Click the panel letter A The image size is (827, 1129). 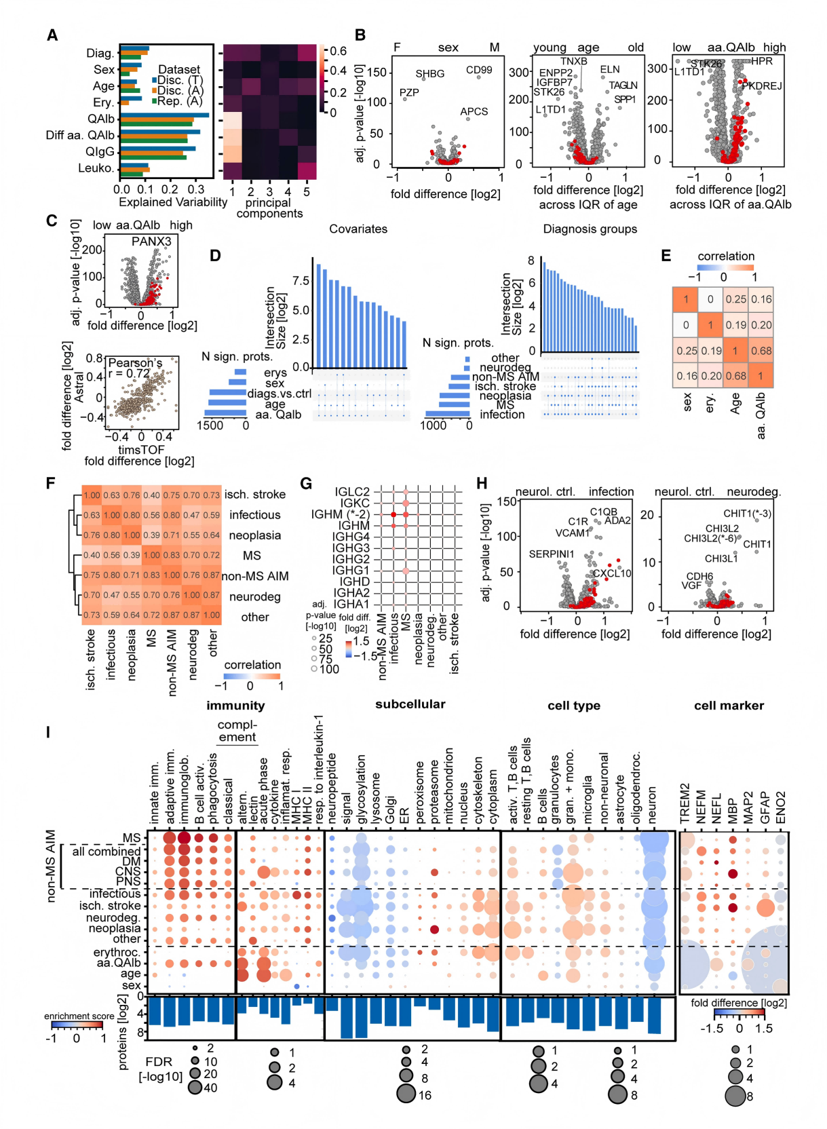pos(52,36)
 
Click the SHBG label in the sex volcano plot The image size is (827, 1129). pos(430,74)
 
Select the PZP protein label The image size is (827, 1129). pos(409,93)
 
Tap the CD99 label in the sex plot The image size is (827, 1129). pos(479,70)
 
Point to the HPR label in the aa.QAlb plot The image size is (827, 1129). pos(762,62)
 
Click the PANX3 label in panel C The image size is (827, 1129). pos(151,242)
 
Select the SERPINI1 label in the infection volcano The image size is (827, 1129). pos(552,554)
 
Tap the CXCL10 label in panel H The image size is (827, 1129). pos(612,573)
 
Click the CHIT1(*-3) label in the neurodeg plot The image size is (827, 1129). pos(747,514)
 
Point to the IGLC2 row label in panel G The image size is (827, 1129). pos(352,492)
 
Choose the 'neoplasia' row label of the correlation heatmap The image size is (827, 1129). pos(254,535)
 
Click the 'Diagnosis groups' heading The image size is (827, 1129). pos(590,229)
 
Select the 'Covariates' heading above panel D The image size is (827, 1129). pos(358,229)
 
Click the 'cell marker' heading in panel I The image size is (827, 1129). pos(729,706)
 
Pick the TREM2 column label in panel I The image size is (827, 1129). pos(685,804)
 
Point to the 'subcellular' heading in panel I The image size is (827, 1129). pos(410,704)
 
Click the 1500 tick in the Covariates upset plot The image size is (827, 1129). pos(210,425)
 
